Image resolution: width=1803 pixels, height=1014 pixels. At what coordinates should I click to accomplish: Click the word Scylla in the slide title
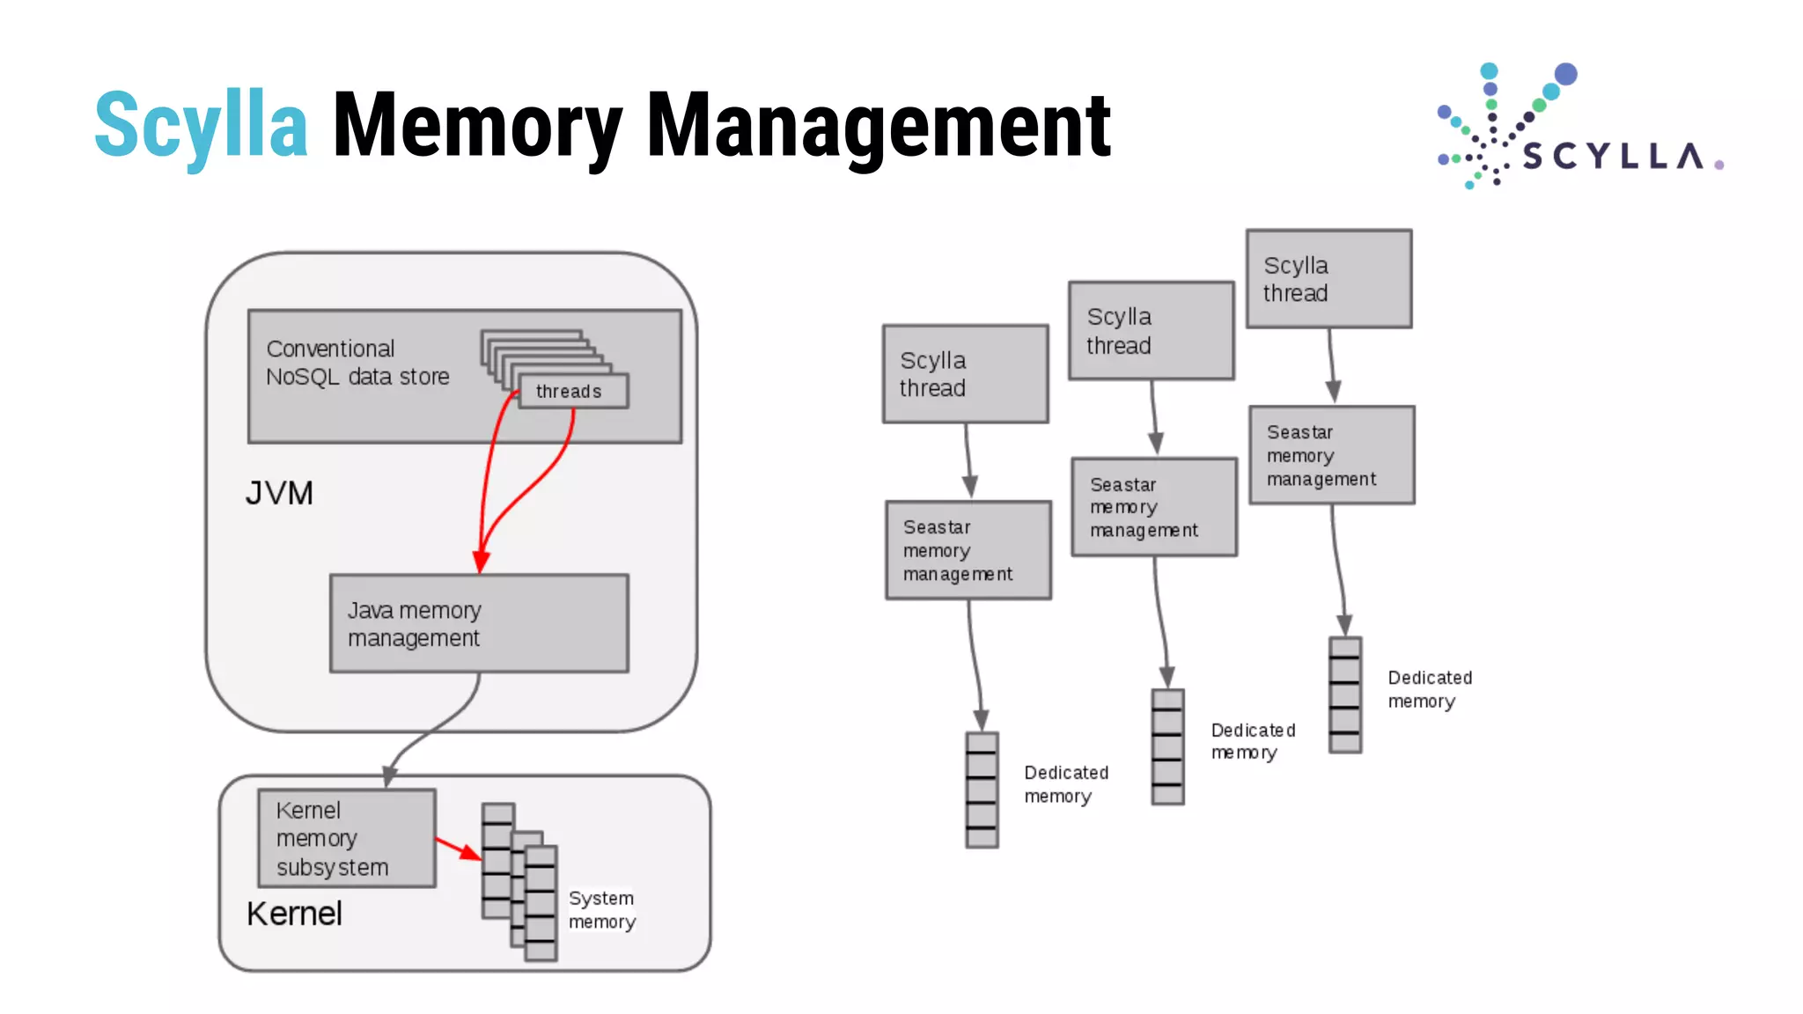point(201,125)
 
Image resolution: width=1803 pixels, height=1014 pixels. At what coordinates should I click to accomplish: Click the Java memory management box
point(479,623)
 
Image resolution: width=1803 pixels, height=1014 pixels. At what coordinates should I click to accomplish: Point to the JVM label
point(279,493)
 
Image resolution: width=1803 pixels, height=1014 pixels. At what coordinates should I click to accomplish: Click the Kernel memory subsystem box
point(347,838)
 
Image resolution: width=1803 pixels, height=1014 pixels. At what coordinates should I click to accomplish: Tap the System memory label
point(601,909)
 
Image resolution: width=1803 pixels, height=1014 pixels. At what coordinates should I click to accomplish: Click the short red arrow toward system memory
point(458,849)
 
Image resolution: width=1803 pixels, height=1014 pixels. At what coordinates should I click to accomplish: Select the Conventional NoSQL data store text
point(357,363)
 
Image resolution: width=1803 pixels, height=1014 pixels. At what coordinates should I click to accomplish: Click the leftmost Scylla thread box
point(965,374)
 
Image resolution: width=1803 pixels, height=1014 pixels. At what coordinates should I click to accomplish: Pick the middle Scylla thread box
point(1151,330)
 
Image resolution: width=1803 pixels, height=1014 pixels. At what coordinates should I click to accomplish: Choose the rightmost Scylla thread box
point(1328,279)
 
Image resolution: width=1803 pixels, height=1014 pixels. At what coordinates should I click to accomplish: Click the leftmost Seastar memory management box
point(968,550)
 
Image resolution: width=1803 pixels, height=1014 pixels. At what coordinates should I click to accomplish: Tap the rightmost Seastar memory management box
point(1331,455)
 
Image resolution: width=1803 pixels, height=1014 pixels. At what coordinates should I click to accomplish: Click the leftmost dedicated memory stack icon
point(982,790)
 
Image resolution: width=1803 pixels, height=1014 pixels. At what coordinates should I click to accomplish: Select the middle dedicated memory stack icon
point(1167,746)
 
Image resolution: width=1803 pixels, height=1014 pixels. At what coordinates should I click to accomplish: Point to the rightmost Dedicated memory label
point(1429,689)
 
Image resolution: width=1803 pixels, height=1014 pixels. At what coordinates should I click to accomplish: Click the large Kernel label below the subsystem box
point(294,914)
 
